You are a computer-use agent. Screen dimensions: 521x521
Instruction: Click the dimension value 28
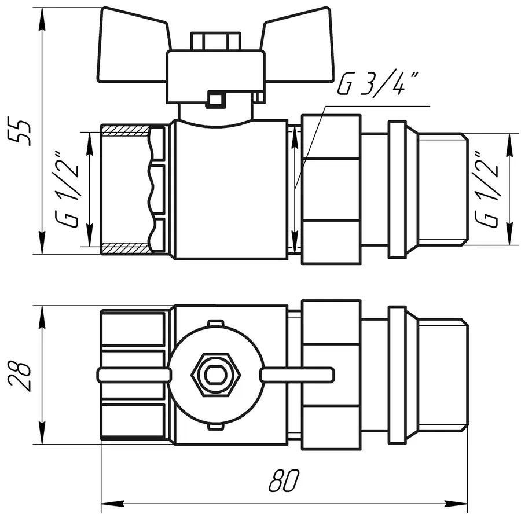(21, 376)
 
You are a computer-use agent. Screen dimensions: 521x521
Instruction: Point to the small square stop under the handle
(215, 100)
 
